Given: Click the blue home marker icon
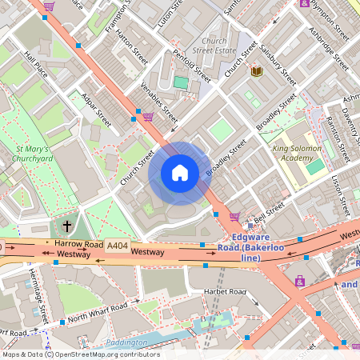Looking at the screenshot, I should [x=180, y=173].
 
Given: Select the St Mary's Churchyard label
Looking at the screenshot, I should [x=33, y=154].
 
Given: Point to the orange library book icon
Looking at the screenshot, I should [x=257, y=72].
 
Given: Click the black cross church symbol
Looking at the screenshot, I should [x=67, y=226].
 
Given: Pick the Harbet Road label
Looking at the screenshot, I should [x=226, y=291].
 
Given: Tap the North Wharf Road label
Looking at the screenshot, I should [x=98, y=313].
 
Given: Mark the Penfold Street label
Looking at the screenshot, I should [x=192, y=66].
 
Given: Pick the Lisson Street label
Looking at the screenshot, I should [x=340, y=195].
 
